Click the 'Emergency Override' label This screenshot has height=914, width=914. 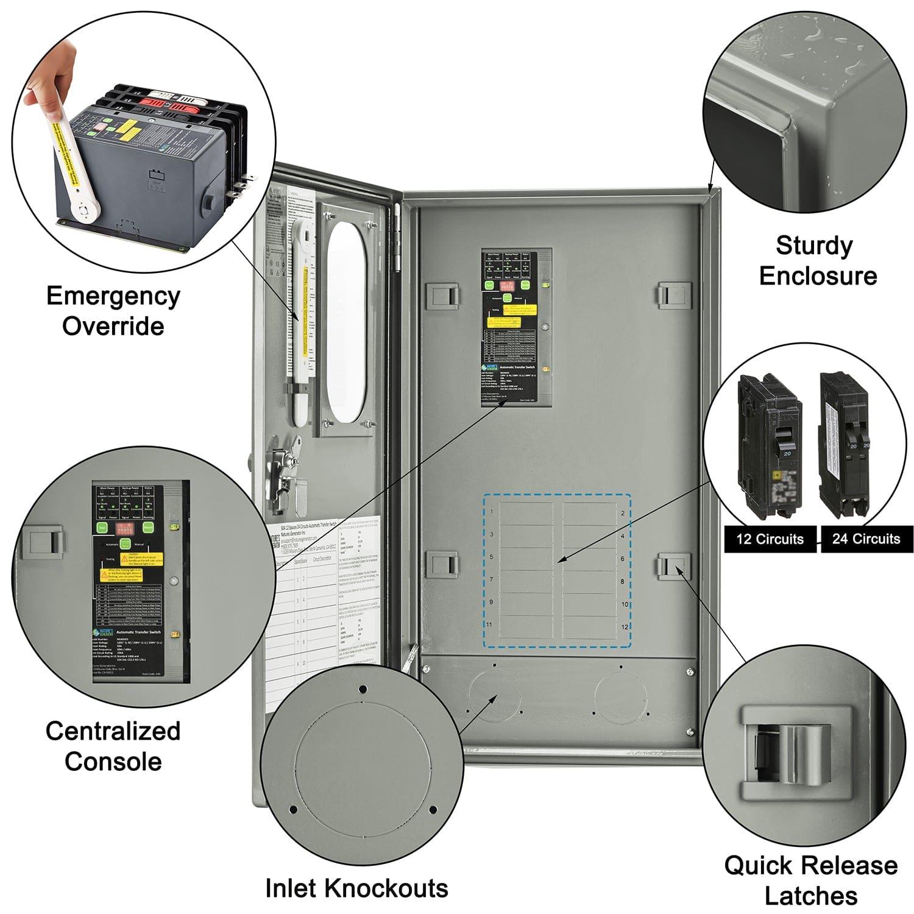[x=113, y=311]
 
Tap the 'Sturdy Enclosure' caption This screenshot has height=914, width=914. [x=818, y=260]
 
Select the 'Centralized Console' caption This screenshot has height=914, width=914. [x=113, y=746]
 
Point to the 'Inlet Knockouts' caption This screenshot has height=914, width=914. [x=356, y=888]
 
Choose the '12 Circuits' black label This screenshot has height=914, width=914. [x=770, y=539]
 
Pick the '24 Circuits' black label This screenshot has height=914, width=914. [x=866, y=539]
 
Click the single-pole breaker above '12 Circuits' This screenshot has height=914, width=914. [x=768, y=445]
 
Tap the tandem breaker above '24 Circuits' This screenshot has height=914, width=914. [x=847, y=445]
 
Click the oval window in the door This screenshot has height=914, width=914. [x=345, y=322]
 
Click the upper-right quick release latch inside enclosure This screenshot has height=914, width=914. [x=673, y=294]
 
